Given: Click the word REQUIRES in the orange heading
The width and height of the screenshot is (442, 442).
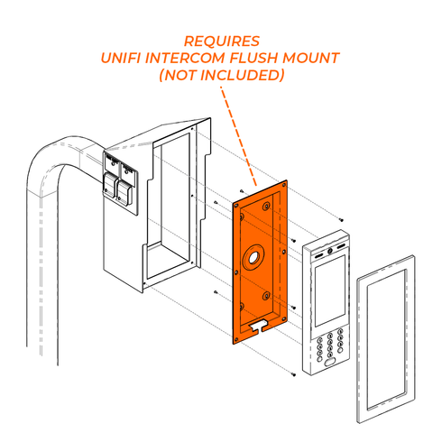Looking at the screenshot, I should [x=221, y=41].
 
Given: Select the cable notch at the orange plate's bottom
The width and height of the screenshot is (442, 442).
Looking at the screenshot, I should [x=260, y=322].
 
